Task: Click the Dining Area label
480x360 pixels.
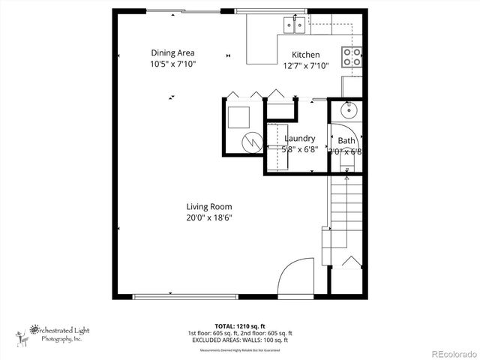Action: (172, 52)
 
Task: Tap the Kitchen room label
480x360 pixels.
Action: (305, 55)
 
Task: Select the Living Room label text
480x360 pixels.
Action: (209, 207)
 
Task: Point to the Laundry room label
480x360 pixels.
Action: (299, 139)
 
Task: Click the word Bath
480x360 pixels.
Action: (346, 141)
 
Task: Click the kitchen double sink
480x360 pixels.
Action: (293, 27)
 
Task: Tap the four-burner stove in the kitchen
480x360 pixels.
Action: (352, 55)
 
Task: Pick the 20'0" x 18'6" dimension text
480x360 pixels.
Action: (209, 217)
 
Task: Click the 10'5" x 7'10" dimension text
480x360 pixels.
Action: (172, 64)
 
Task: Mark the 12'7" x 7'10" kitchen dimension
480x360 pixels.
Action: (305, 65)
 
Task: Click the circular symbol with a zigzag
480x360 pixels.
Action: (253, 140)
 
